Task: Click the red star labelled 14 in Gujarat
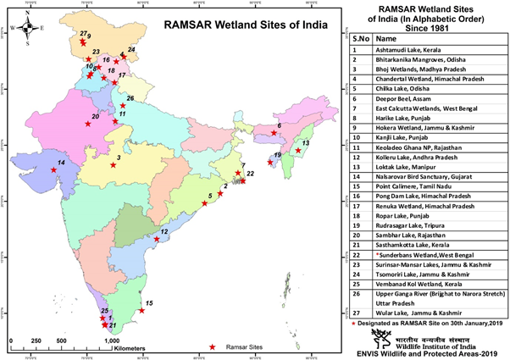(54, 170)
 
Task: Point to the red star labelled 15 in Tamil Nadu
(141, 311)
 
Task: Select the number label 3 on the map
(119, 158)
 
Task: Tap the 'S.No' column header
(359, 39)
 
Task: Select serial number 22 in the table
(359, 253)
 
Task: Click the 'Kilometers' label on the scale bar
(127, 348)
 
